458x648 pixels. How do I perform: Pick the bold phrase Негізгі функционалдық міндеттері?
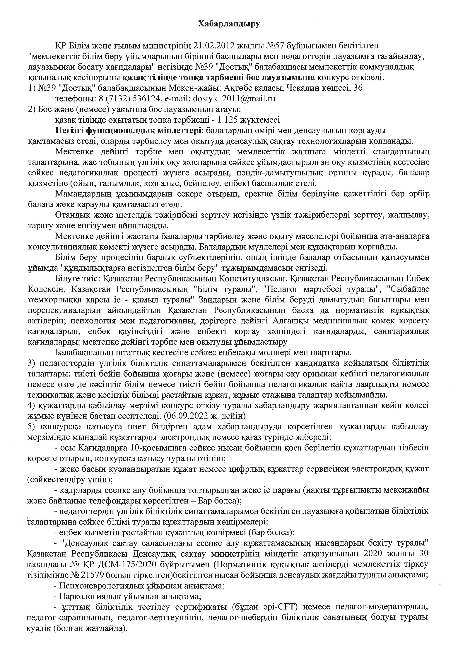129,131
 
